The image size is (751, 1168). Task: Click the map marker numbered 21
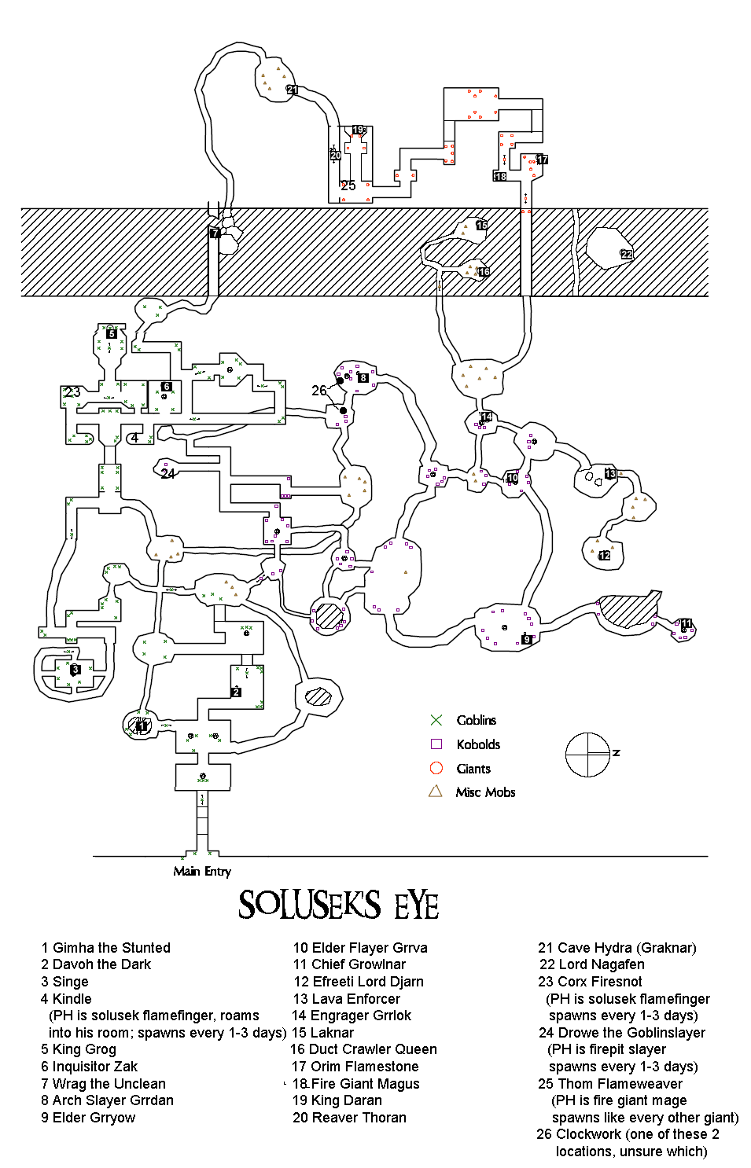[x=292, y=90]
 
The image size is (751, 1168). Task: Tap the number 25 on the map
[x=348, y=185]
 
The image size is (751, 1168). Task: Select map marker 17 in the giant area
[x=542, y=160]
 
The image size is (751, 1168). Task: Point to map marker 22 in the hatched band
[x=626, y=254]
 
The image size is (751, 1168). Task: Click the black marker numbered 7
[x=215, y=233]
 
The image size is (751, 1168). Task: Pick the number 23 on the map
[x=72, y=391]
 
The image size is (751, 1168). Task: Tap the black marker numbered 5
[x=112, y=333]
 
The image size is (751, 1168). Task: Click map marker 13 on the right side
[x=610, y=474]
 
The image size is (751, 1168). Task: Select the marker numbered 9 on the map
[x=527, y=639]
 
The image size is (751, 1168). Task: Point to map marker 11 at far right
[x=687, y=624]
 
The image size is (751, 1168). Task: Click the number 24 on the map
[x=168, y=473]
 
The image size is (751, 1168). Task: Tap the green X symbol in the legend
[x=436, y=720]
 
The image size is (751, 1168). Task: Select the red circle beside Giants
[x=436, y=768]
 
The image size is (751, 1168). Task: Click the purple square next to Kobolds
[x=436, y=744]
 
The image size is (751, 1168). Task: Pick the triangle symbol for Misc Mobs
[x=436, y=792]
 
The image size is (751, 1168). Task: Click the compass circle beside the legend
[x=587, y=755]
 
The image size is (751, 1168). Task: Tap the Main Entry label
[x=202, y=871]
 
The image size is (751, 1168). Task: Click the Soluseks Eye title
[x=339, y=905]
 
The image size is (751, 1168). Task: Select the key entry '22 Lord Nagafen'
[x=591, y=964]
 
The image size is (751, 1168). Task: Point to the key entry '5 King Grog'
[x=79, y=1049]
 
